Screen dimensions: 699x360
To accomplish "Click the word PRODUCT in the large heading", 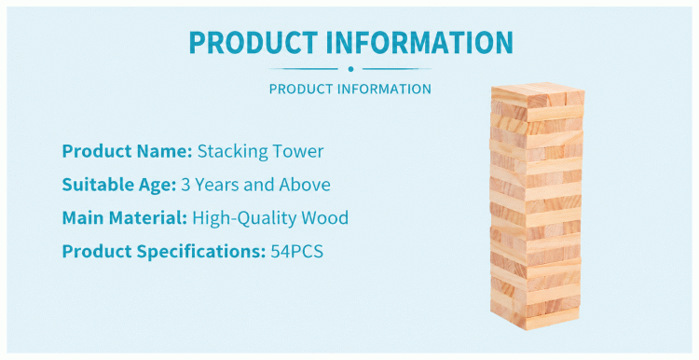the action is tap(253, 42).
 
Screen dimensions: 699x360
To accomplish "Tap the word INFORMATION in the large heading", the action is tap(420, 42).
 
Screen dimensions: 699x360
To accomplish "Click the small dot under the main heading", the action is tap(350, 69).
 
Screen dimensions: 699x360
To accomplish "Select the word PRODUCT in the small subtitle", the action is tap(301, 89).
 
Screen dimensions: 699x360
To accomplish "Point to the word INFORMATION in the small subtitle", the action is tap(384, 89).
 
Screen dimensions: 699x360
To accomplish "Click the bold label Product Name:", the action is tap(127, 151).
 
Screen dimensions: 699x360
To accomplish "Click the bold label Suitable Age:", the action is tap(119, 185).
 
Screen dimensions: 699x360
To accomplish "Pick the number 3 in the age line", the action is tap(185, 185).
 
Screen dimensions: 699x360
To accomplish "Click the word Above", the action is tap(305, 185).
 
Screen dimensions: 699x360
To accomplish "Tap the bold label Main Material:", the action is tap(124, 218).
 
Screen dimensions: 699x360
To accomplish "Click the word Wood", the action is tap(325, 218).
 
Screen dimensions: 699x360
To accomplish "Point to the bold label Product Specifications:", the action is tap(164, 252).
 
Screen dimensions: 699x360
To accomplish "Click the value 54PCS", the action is tap(297, 252).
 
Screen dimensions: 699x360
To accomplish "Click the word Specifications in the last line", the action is tap(201, 252).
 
